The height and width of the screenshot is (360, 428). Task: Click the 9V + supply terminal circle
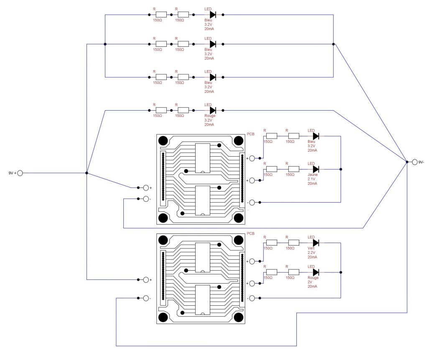coord(20,173)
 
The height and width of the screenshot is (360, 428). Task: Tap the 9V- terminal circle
coord(415,162)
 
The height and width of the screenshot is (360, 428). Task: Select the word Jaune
coord(313,175)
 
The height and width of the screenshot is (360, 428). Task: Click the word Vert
coord(311,248)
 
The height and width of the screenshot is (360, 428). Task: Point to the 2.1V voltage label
coord(311,179)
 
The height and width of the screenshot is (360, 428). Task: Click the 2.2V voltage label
coord(311,253)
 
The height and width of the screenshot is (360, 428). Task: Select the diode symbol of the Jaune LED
coord(316,170)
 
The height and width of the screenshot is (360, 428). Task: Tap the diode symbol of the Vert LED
coord(316,243)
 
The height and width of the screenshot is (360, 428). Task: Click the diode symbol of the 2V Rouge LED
coord(316,272)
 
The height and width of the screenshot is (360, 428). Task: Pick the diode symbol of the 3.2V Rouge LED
coord(213,110)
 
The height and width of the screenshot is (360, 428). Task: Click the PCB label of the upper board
coord(251,134)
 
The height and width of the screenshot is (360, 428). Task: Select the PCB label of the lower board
coord(251,233)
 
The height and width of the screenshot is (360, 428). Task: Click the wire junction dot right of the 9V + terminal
coord(87,173)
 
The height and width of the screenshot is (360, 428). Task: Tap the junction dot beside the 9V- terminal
coord(407,162)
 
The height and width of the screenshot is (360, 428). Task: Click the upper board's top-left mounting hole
coord(163,141)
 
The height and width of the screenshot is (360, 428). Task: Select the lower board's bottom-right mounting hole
coord(239,317)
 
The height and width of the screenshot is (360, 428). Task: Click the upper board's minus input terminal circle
coord(146,199)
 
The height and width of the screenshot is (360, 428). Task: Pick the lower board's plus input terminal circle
coord(146,279)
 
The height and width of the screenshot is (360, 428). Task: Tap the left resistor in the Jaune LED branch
coord(272,170)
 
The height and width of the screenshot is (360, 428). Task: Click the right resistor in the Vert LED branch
coord(294,243)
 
